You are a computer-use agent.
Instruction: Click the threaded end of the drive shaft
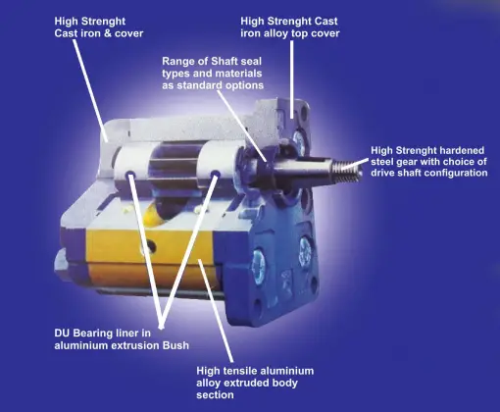(x=347, y=170)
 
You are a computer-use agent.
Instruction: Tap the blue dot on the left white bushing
(x=130, y=173)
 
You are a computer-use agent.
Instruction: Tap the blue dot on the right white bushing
(x=215, y=174)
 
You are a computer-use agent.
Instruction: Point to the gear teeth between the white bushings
(x=173, y=165)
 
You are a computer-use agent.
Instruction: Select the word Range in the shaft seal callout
(x=179, y=62)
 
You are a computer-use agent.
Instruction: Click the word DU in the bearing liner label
(x=62, y=334)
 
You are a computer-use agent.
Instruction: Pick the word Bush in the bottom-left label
(x=176, y=345)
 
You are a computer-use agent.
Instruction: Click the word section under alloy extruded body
(x=215, y=394)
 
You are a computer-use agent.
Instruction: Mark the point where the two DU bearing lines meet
(x=161, y=326)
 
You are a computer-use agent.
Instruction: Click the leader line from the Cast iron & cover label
(x=90, y=90)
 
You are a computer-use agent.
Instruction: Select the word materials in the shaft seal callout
(x=240, y=74)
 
